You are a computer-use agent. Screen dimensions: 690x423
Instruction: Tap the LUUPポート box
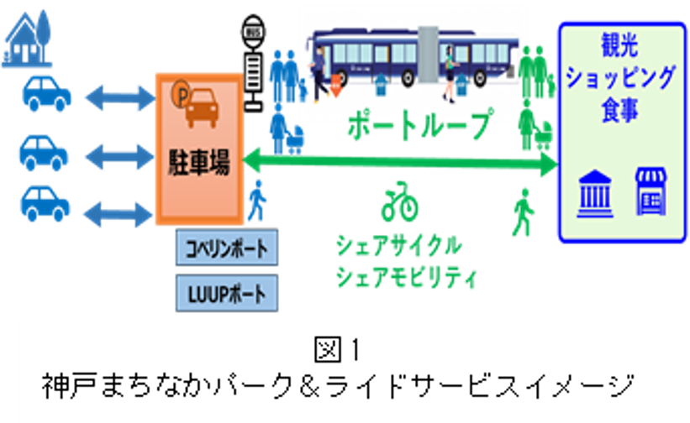(224, 294)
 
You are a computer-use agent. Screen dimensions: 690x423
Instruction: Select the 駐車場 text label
(198, 159)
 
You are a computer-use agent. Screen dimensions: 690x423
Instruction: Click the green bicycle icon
(399, 201)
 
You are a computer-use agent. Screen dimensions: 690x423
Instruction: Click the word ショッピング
(621, 78)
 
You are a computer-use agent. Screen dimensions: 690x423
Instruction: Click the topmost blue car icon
(45, 95)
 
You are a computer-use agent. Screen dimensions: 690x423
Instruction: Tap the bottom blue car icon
(45, 202)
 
